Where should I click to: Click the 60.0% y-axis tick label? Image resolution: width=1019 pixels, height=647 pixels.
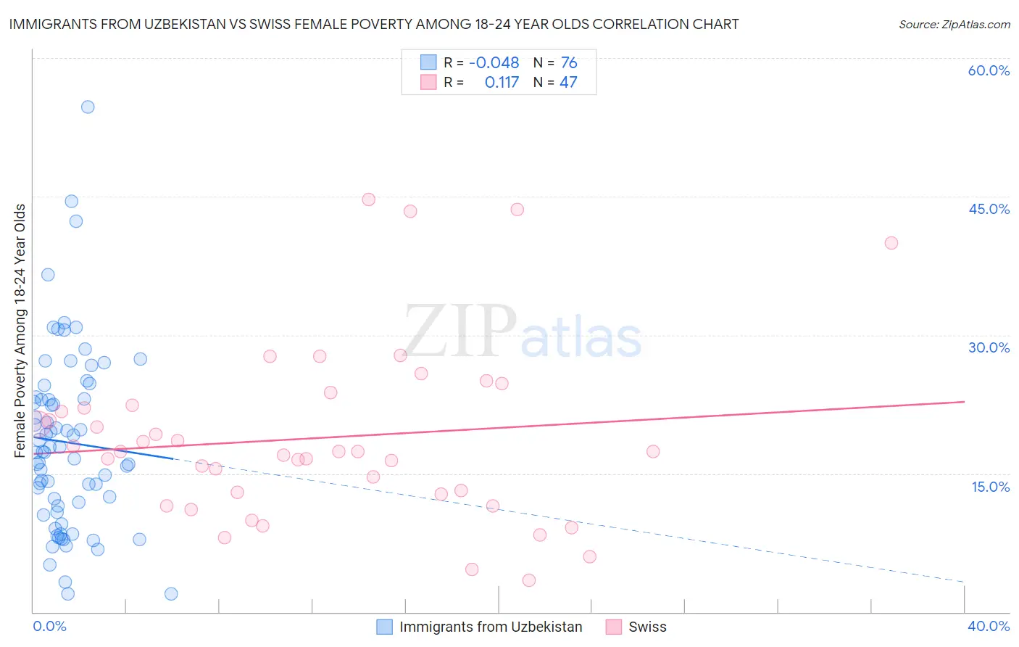coord(989,70)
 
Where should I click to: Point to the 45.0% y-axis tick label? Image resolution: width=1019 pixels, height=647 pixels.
coord(989,209)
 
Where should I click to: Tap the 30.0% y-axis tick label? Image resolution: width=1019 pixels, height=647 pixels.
coord(989,347)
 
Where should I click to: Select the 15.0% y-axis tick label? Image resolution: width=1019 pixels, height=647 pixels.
coord(990,487)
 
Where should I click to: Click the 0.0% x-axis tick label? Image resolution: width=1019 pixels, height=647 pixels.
coord(49,626)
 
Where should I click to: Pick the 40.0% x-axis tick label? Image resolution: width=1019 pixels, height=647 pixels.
coord(989,626)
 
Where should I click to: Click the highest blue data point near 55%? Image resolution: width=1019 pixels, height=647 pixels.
coord(88,107)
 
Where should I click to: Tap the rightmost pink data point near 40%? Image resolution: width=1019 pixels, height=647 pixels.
coord(891,243)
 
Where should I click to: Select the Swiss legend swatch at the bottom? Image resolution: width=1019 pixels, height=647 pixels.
coord(613,627)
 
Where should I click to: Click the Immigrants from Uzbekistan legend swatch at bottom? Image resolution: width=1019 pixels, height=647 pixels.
coord(384,627)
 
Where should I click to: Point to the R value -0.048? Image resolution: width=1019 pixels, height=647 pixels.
coord(494,62)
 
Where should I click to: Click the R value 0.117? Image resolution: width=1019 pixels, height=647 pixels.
coord(502,83)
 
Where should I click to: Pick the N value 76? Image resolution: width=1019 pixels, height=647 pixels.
coord(569,62)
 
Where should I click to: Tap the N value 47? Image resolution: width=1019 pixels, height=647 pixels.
coord(568,83)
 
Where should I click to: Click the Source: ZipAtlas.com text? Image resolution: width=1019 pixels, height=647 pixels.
coord(954,25)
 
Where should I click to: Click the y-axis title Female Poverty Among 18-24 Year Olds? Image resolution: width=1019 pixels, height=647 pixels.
coord(20,331)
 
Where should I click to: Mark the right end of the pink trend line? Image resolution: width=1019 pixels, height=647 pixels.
coord(964,401)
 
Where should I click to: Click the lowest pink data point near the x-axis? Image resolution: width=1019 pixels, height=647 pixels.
coord(529,580)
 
